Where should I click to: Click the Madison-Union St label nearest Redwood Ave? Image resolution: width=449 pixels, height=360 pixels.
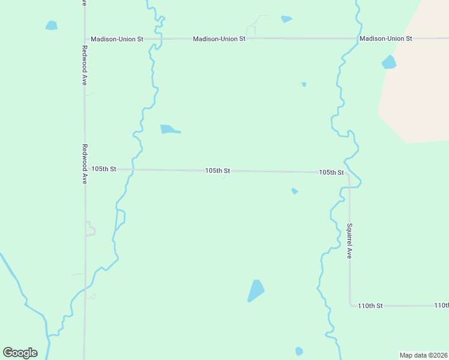(x=117, y=39)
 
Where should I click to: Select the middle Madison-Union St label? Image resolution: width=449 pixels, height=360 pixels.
(x=219, y=38)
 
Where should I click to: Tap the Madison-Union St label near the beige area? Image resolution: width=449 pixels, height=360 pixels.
(x=385, y=38)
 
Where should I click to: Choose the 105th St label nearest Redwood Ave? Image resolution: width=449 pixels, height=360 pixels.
(x=103, y=169)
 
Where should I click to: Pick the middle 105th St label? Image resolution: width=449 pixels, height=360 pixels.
(x=217, y=171)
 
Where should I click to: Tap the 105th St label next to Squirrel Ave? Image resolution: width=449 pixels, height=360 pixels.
(x=331, y=172)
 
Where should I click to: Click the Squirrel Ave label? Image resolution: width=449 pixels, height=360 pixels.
(x=349, y=241)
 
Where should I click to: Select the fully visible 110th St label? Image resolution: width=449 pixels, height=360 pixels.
(x=370, y=306)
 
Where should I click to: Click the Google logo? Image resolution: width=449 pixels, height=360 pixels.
(x=20, y=353)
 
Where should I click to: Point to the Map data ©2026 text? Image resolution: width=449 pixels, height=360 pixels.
(x=423, y=355)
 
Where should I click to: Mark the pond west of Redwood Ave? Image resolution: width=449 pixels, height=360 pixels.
(x=52, y=26)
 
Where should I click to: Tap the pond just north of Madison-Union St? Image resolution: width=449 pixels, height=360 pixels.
(x=286, y=19)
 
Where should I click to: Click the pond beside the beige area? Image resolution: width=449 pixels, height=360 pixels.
(x=389, y=62)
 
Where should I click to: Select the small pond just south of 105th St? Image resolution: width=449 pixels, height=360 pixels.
(x=295, y=191)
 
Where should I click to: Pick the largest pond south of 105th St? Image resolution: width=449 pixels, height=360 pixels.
(x=256, y=290)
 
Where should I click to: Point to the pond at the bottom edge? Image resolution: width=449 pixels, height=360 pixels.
(x=299, y=351)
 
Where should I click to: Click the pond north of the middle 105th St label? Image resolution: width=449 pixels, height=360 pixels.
(x=169, y=129)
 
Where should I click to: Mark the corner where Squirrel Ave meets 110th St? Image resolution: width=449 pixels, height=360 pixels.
(x=351, y=305)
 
